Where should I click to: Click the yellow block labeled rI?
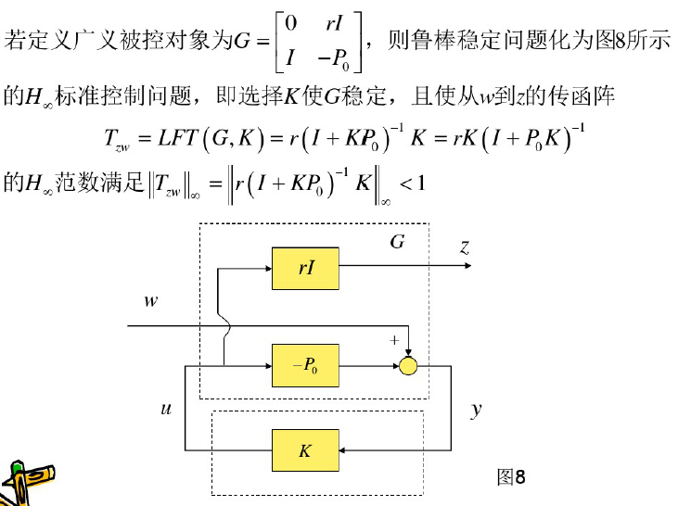coord(305,268)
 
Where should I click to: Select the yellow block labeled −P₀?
coord(305,366)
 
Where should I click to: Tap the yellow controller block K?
coord(305,451)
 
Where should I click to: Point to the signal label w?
coord(151,301)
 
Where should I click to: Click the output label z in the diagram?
coord(464,247)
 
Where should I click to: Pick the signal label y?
coord(477,409)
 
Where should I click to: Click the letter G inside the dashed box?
coord(397,243)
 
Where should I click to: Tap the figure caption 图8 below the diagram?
coord(511,477)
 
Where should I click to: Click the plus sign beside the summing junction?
coord(393,340)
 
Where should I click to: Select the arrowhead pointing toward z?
coord(471,269)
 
